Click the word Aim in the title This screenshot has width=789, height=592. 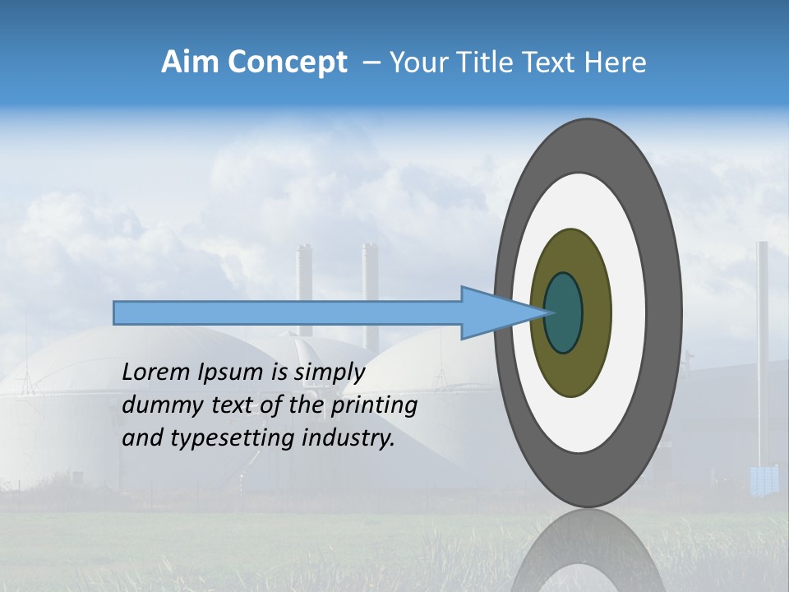[x=188, y=62]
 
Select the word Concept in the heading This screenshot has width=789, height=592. [x=285, y=62]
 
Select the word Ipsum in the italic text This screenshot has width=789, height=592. [x=231, y=372]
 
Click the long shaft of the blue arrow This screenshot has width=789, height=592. [x=288, y=312]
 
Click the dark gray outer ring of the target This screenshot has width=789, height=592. [x=666, y=312]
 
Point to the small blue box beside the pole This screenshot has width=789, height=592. [x=764, y=480]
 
